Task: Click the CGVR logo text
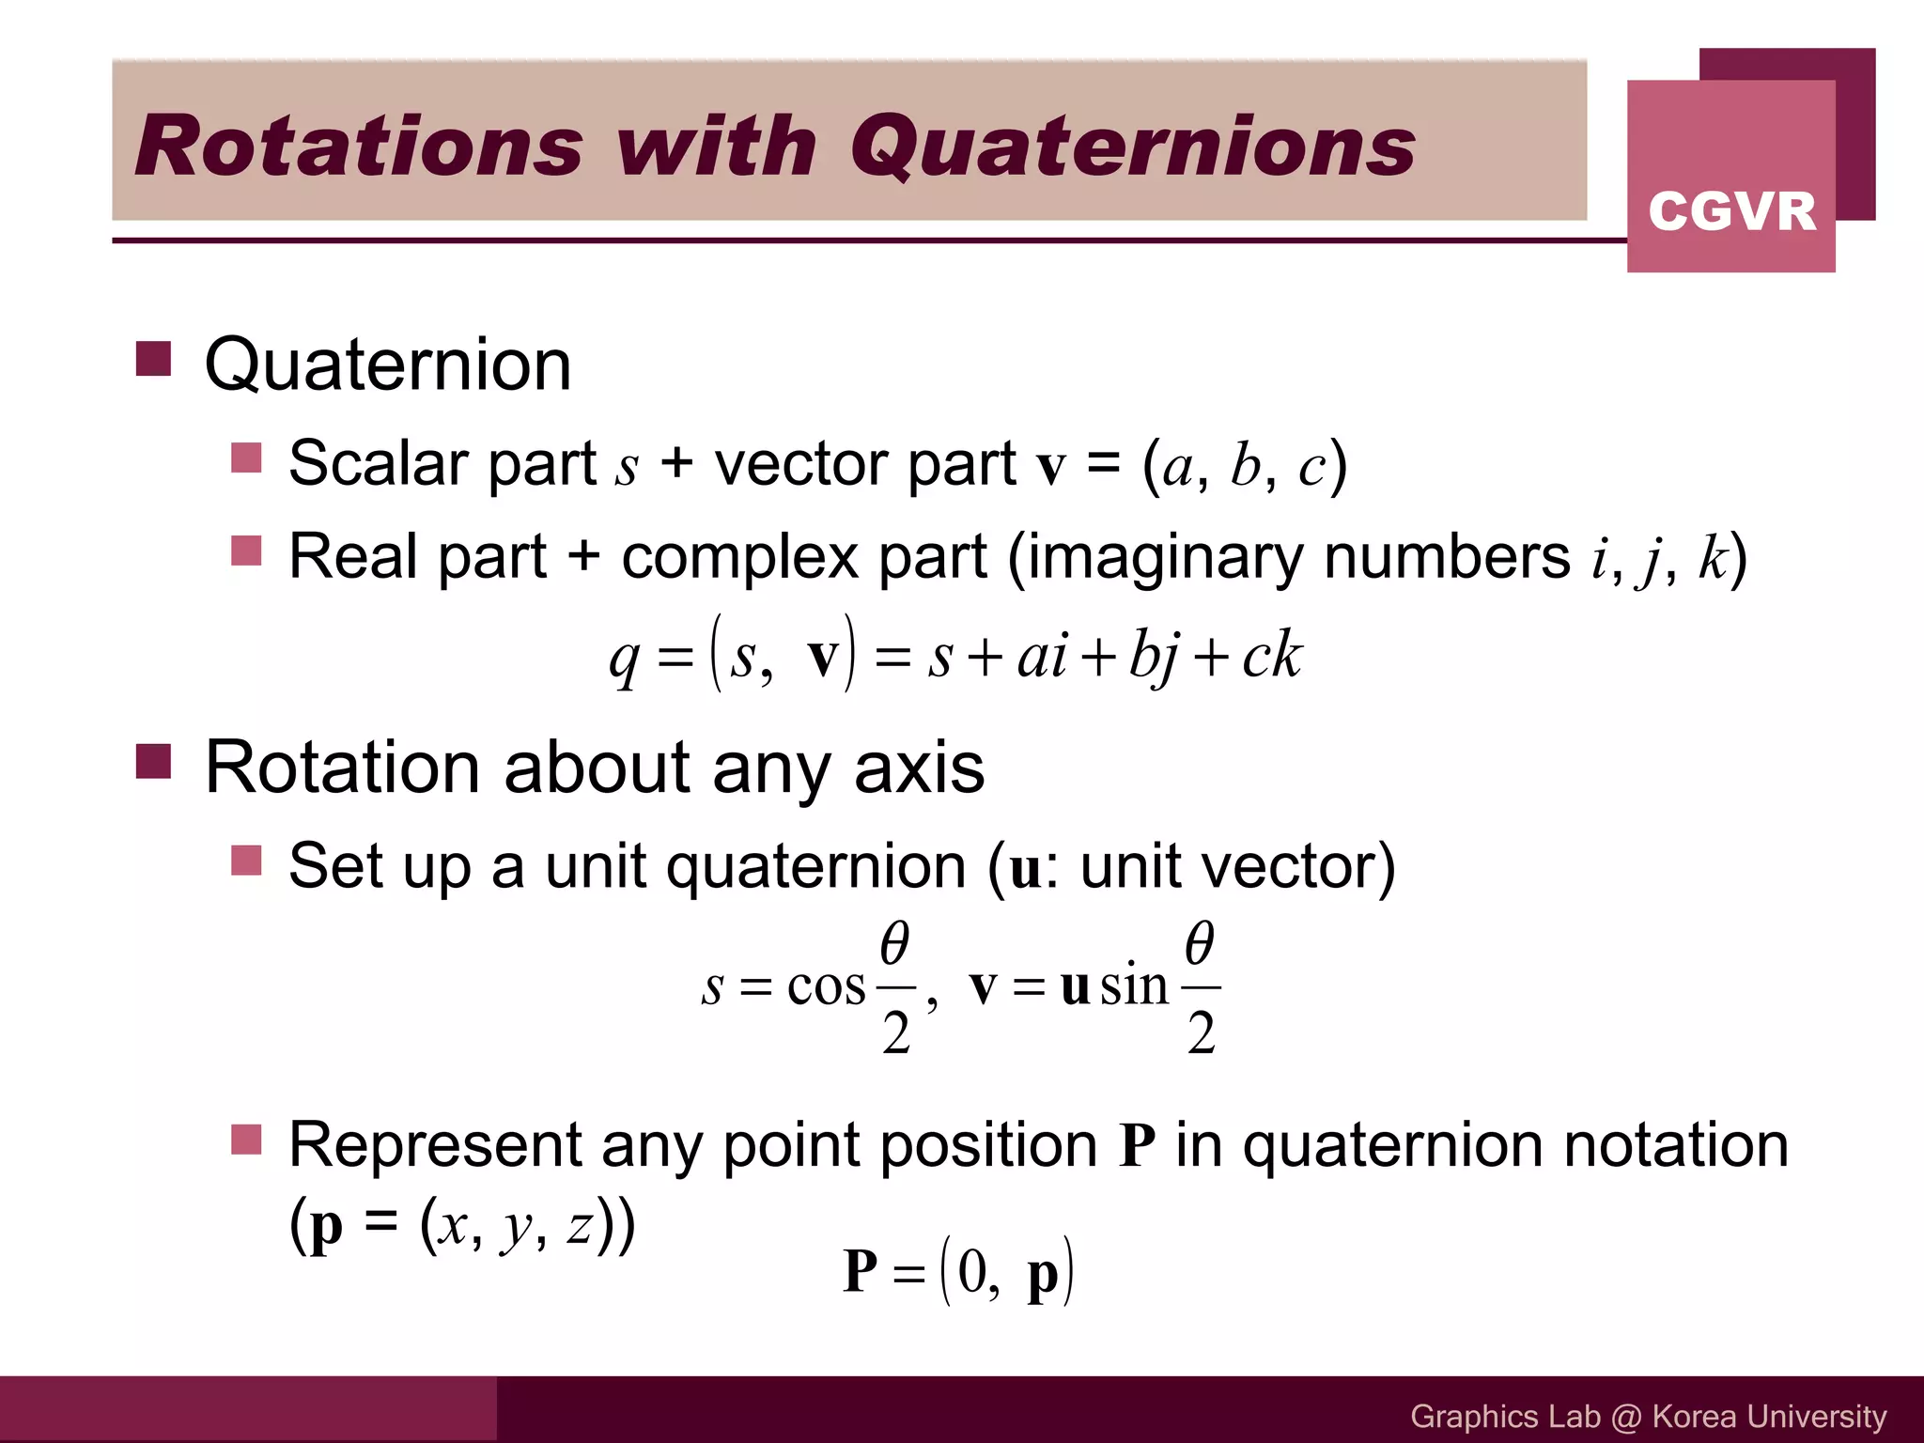[x=1731, y=210]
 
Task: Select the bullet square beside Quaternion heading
[x=153, y=359]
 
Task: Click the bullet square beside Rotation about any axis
[x=153, y=762]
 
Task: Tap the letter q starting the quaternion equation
[x=624, y=658]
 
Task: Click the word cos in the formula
[x=826, y=987]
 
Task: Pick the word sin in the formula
[x=1134, y=985]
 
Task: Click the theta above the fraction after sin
[x=1200, y=942]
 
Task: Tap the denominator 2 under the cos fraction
[x=896, y=1033]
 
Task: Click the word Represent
[x=433, y=1146]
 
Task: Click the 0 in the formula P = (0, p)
[x=972, y=1272]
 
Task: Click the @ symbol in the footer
[x=1625, y=1417]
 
